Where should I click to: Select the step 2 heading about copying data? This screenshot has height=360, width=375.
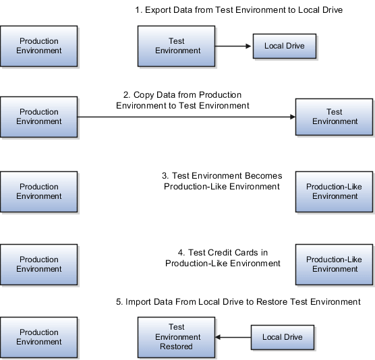183,100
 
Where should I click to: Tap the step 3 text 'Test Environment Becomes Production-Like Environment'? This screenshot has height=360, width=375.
222,181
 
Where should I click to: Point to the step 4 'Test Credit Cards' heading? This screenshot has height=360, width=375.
223,258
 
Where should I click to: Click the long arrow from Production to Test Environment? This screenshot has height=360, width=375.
187,117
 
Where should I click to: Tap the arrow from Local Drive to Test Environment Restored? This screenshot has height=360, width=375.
233,337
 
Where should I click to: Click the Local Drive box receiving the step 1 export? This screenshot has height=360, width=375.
284,47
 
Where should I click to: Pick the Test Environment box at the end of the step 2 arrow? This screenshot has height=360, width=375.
335,117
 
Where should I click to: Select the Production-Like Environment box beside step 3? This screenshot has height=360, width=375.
335,191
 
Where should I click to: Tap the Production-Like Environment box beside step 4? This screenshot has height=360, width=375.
335,264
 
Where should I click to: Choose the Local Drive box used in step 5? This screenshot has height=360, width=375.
282,337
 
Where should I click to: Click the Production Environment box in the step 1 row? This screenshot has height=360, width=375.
39,46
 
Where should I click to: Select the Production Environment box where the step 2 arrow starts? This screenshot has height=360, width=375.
39,117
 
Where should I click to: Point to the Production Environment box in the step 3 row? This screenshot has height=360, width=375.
39,191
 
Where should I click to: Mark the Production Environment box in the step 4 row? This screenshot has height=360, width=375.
39,264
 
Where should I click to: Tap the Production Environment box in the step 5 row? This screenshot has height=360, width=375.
39,337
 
